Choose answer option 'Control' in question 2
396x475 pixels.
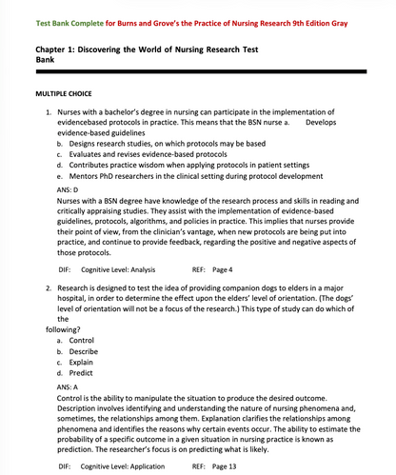coord(81,340)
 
